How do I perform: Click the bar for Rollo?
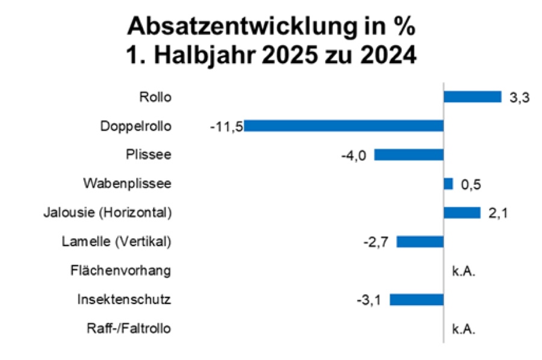pos(472,97)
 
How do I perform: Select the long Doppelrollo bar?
pos(344,126)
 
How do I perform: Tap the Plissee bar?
pos(409,155)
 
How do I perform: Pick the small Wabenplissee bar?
pos(448,184)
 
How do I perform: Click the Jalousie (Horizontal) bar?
pos(462,213)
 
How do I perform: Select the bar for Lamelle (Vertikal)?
pos(420,241)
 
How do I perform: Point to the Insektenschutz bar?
pos(417,299)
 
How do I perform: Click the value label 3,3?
pos(519,98)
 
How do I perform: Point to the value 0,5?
pos(472,184)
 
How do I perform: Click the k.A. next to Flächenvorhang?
pos(464,271)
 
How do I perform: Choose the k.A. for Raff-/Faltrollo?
pos(464,329)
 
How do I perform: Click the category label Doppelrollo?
pos(136,126)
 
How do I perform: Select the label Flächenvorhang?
pos(121,271)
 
